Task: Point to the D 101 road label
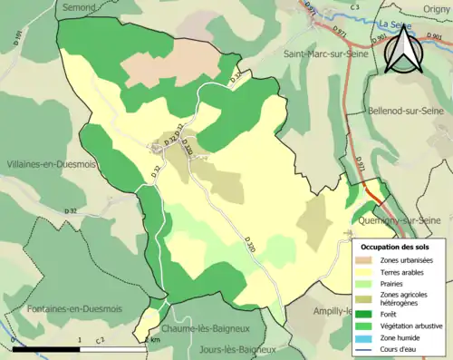16,37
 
